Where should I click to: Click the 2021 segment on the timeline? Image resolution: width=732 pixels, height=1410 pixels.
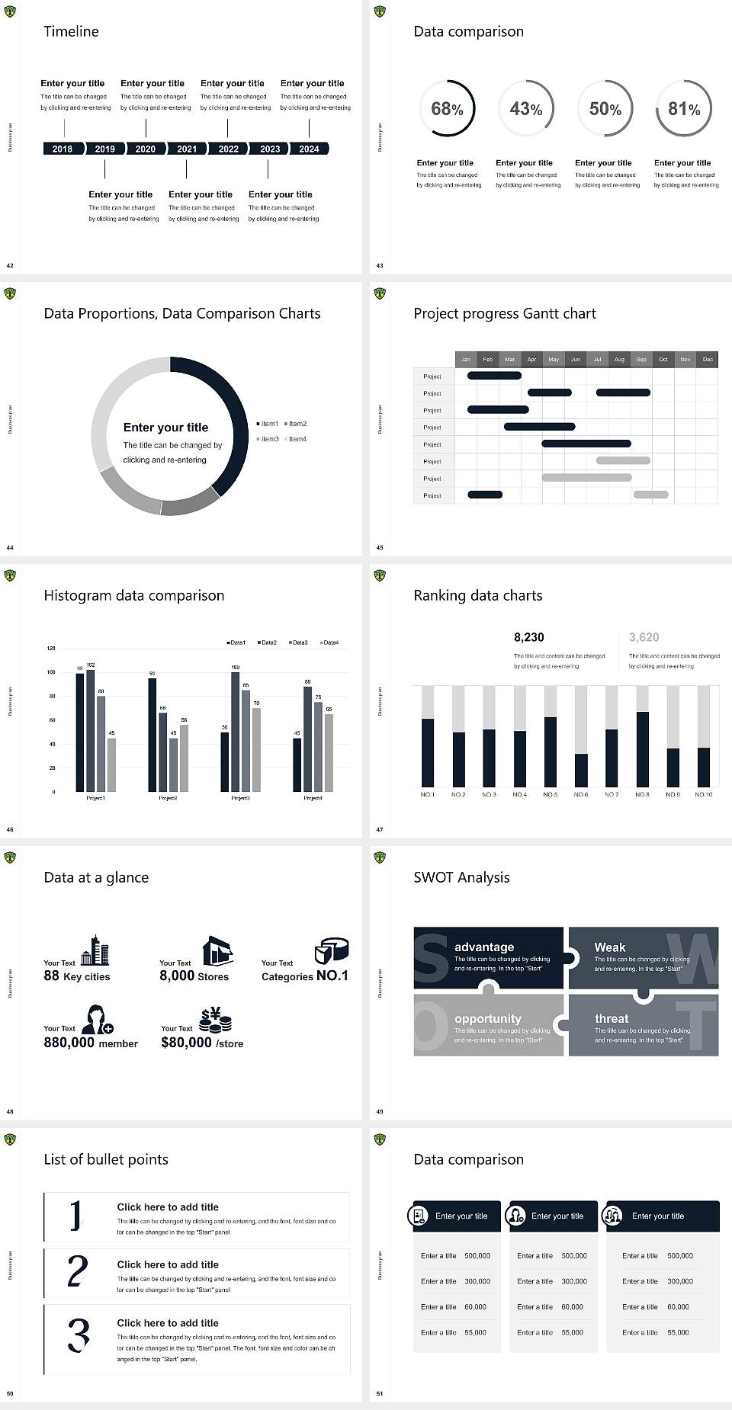point(187,149)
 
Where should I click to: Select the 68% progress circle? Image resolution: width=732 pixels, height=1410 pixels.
point(447,109)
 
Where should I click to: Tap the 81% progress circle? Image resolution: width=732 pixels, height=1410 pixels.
point(684,109)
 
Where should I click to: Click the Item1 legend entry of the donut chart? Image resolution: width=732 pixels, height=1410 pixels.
point(268,424)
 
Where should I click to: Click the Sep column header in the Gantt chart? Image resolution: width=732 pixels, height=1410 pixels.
point(641,359)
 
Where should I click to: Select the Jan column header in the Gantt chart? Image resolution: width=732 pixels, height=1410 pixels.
point(466,359)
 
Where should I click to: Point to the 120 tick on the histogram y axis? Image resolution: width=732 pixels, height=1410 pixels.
point(51,649)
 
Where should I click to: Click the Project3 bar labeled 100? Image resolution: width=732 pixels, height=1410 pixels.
point(235,730)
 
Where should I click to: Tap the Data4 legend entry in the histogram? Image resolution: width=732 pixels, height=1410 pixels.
point(329,643)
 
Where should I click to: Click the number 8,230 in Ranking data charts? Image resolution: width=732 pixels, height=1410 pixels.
point(529,637)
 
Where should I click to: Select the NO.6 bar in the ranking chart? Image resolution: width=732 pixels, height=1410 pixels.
point(581,770)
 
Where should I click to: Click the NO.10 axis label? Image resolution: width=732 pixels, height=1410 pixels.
point(704,794)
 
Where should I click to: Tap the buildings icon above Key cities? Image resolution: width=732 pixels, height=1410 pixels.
point(95,950)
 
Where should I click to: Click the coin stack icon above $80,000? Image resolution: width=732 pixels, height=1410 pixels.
point(215,1020)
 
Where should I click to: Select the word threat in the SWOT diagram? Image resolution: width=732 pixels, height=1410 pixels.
point(612,1018)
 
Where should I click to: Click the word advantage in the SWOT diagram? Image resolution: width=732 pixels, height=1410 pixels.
point(484,947)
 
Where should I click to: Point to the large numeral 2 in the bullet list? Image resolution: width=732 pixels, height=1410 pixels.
point(78,1271)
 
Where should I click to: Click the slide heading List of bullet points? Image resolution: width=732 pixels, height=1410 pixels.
point(106,1159)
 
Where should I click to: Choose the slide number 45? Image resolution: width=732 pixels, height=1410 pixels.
point(380,547)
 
